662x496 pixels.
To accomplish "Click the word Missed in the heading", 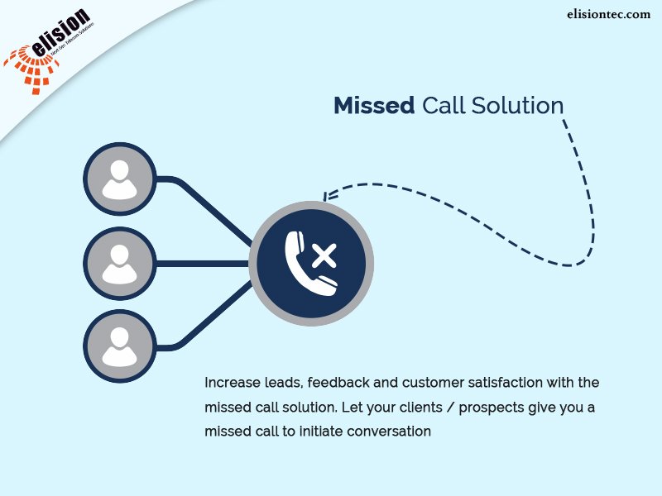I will point(373,106).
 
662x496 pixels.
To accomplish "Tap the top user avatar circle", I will point(120,179).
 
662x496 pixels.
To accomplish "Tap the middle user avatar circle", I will point(120,264).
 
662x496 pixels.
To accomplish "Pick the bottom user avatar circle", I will point(120,346).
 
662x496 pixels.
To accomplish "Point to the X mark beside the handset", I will point(324,255).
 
